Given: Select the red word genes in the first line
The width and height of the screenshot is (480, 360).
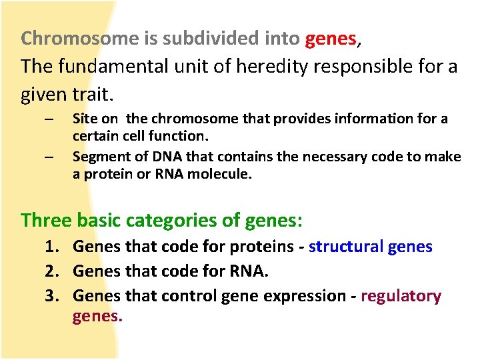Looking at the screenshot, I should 331,39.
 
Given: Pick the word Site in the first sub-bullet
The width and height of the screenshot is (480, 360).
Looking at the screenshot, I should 85,119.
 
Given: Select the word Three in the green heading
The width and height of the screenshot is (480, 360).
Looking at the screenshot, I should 46,219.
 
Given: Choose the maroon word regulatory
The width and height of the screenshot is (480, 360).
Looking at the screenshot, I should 401,296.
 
